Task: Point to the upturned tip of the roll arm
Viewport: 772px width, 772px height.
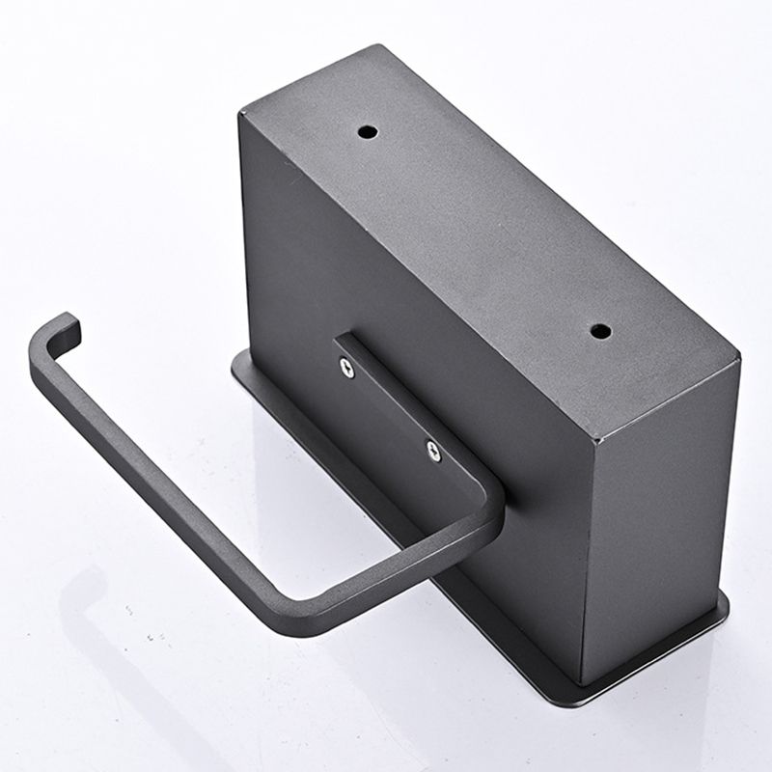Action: [x=70, y=324]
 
